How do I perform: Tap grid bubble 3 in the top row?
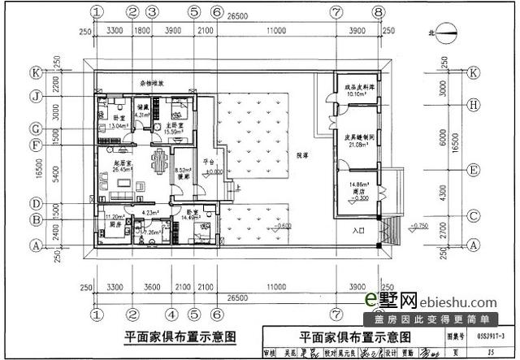pyautogui.click(x=152, y=12)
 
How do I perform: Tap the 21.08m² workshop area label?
pyautogui.click(x=357, y=145)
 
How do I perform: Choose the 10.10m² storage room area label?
pyautogui.click(x=357, y=93)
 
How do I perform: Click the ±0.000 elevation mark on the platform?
pyautogui.click(x=213, y=173)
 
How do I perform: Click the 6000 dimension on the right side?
pyautogui.click(x=444, y=138)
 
